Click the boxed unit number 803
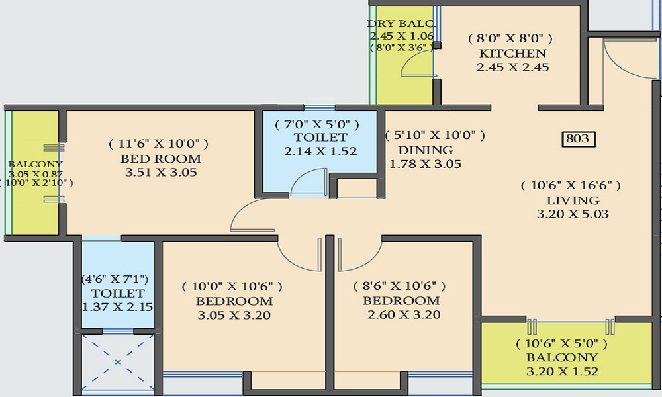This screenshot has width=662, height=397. [578, 139]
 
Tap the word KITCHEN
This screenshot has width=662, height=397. [512, 53]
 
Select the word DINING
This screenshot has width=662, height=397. [425, 150]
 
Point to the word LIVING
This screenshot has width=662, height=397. [573, 200]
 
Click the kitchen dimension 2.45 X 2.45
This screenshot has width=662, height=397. [512, 67]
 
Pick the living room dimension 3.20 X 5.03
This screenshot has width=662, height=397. [573, 214]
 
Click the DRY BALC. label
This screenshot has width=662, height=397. [401, 24]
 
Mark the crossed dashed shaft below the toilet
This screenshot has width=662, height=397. [118, 362]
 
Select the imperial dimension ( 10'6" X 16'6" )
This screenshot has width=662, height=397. [571, 185]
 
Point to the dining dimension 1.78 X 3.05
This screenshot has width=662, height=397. [425, 164]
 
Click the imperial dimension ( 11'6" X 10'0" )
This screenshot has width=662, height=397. [158, 144]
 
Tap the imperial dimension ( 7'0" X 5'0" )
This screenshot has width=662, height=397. [317, 124]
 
